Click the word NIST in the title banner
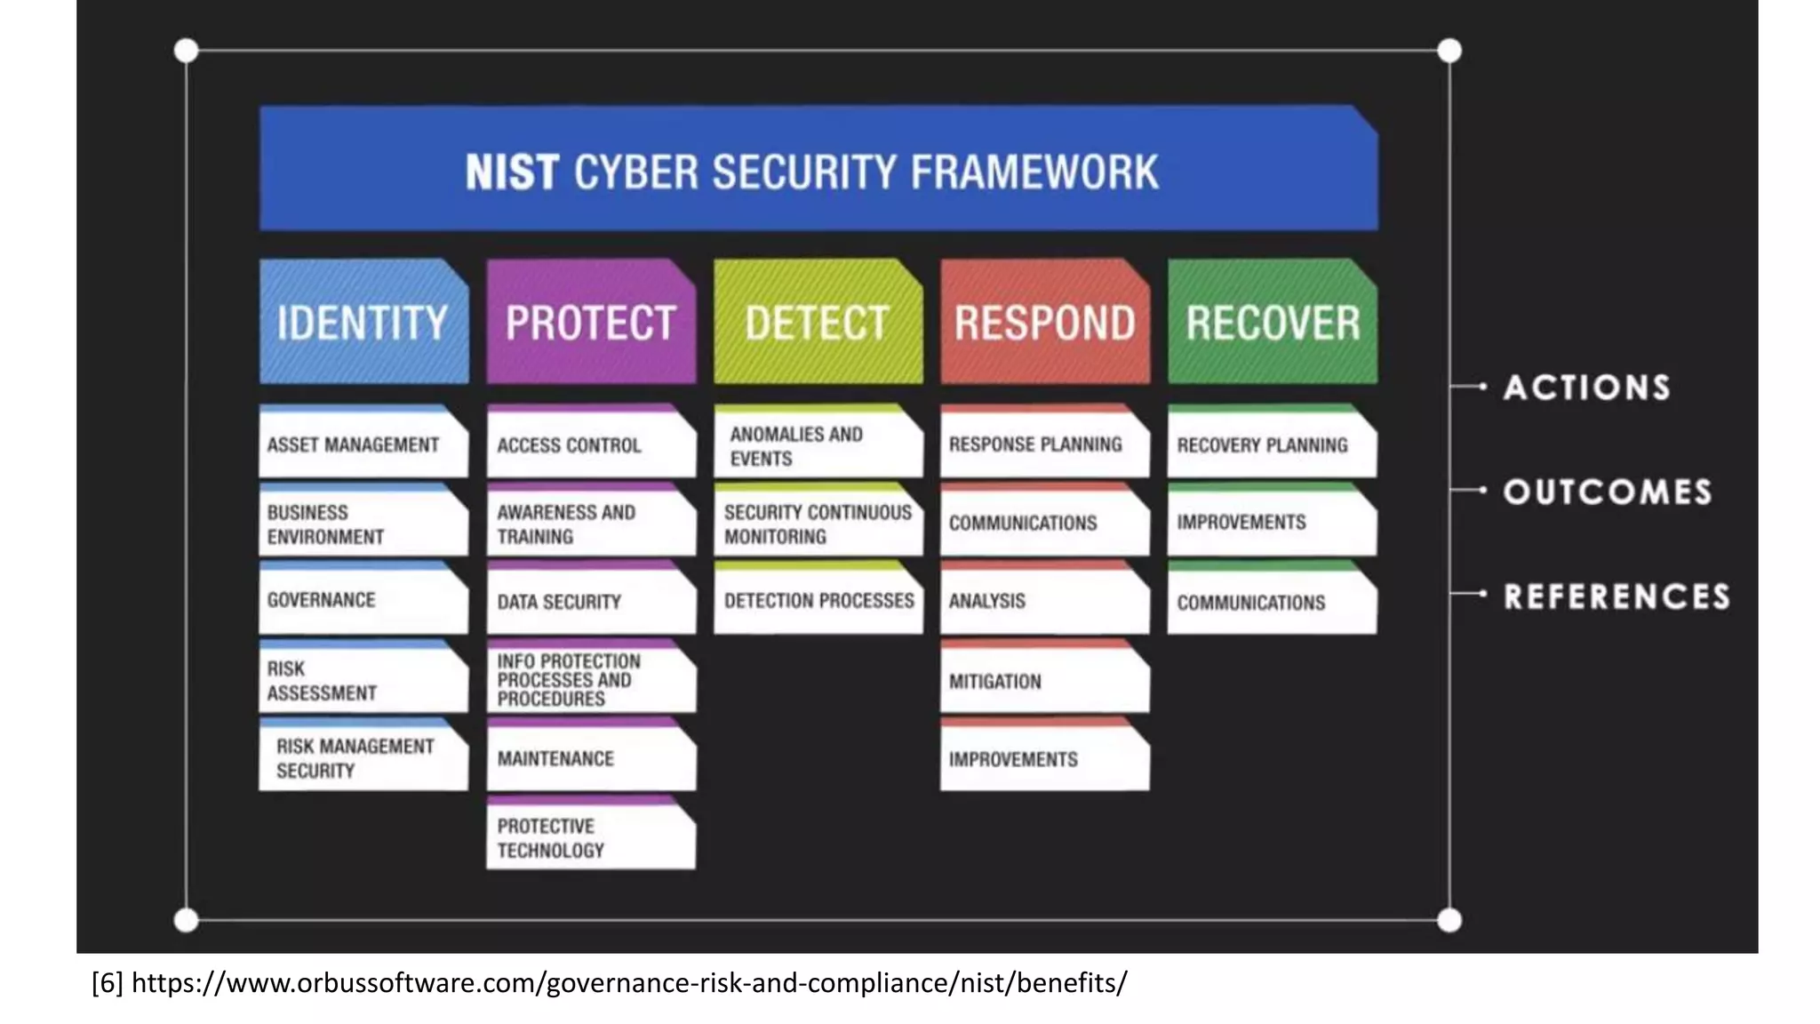click(512, 172)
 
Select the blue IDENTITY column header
click(363, 323)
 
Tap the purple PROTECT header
click(590, 323)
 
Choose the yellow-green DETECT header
click(818, 323)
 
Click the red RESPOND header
click(1044, 323)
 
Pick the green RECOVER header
click(1272, 323)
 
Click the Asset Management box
click(363, 444)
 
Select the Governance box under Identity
click(363, 600)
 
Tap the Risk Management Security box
click(363, 757)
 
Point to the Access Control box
click(590, 444)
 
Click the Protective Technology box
click(590, 836)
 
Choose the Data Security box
click(590, 601)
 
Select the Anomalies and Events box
click(818, 445)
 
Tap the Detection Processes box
click(818, 601)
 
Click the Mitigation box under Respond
click(1044, 680)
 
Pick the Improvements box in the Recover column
click(1272, 523)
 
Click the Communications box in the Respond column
click(1044, 523)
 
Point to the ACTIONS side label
click(1586, 388)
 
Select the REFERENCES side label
click(1616, 596)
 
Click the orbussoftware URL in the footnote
click(629, 983)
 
